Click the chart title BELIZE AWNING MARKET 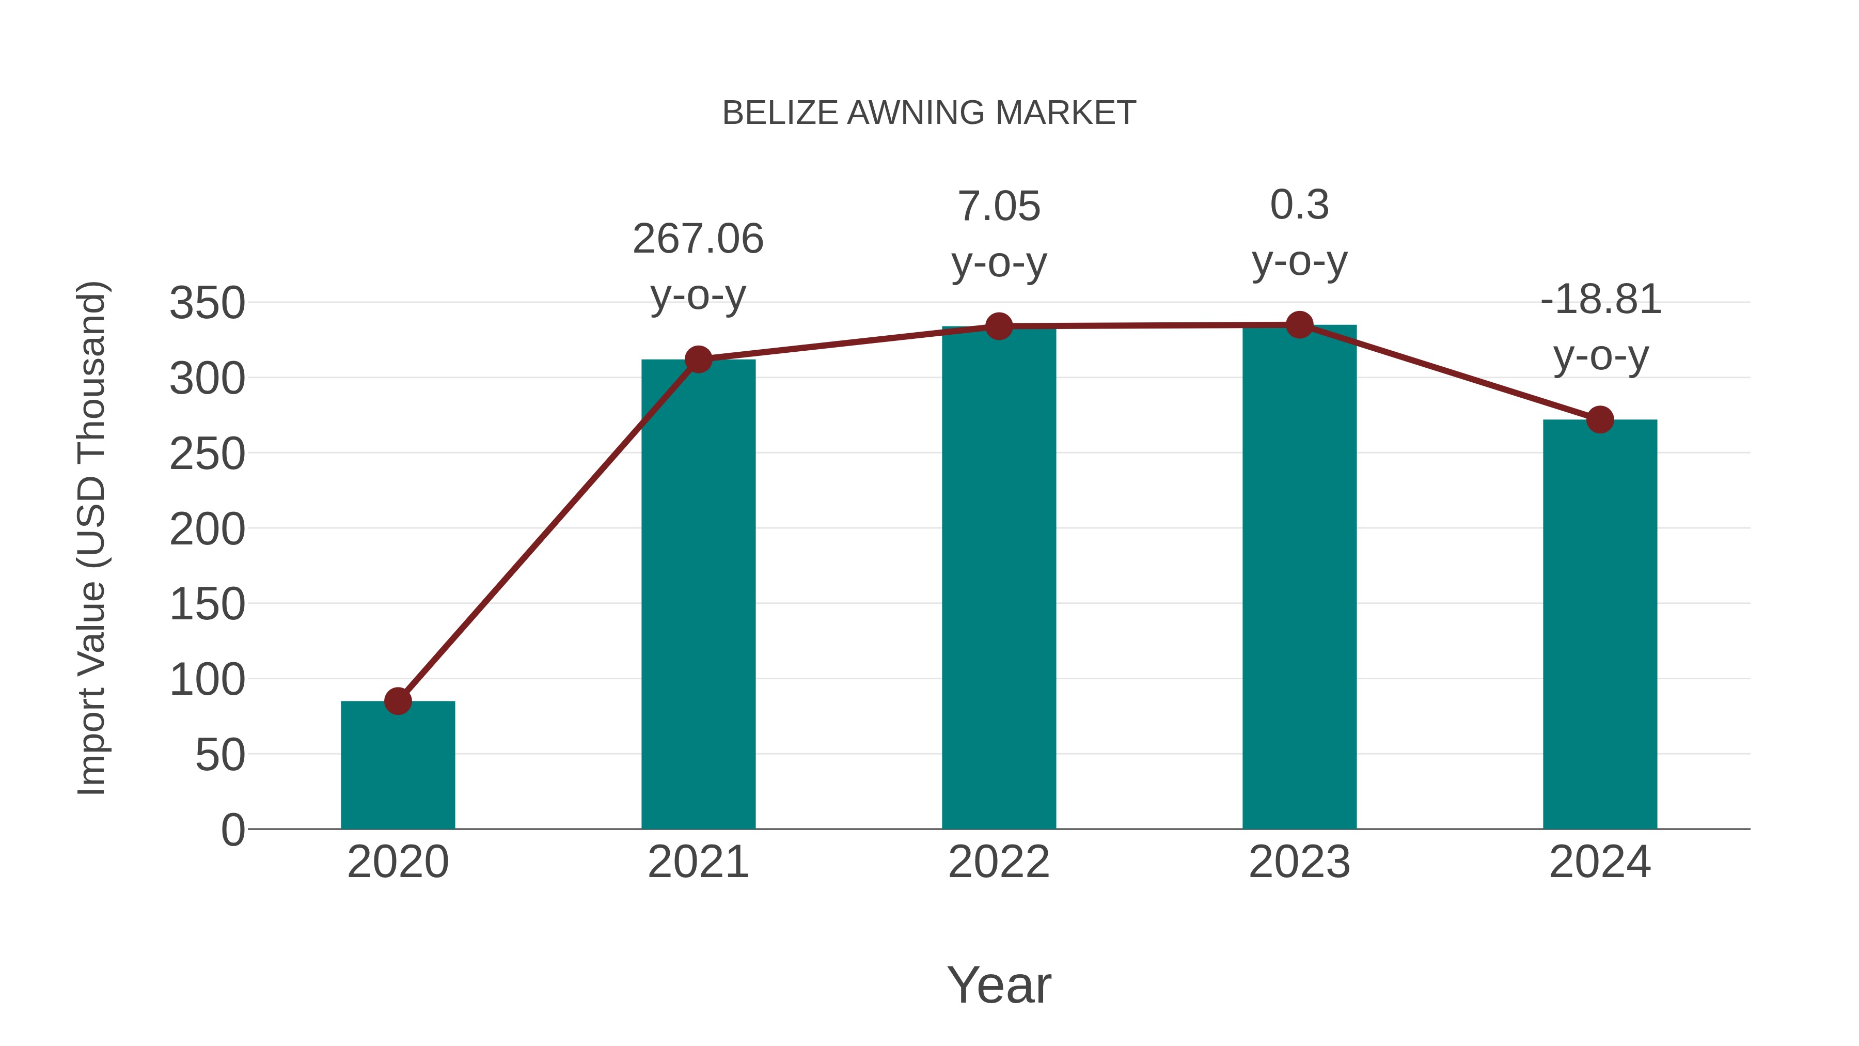point(929,113)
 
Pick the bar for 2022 point(999,577)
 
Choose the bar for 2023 point(1299,577)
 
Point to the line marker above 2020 point(398,701)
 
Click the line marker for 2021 point(698,360)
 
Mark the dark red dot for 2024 point(1600,419)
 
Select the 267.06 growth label point(698,239)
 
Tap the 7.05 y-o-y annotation point(999,207)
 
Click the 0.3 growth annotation point(1299,205)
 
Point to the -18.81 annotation point(1600,300)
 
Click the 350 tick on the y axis point(207,303)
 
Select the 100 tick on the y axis point(207,679)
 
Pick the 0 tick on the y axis point(232,830)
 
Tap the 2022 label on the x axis point(999,862)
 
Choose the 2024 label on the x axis point(1600,862)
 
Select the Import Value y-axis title point(91,538)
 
